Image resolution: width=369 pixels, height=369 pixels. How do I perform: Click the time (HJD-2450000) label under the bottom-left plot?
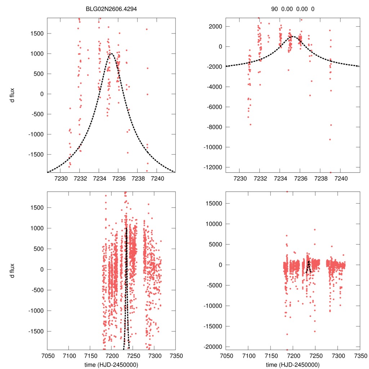pos(111,364)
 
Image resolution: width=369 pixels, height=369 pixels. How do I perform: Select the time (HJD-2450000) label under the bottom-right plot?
pos(293,364)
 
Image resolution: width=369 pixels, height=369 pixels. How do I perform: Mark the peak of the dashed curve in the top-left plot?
pos(111,53)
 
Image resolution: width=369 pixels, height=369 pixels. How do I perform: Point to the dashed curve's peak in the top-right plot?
pos(292,36)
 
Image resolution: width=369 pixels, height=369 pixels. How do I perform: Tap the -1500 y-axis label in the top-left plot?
pos(36,155)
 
